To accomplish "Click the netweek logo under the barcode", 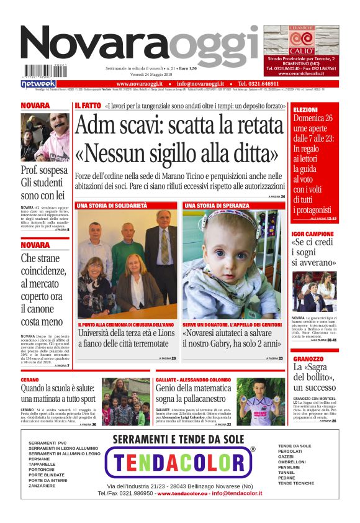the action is coord(38,83).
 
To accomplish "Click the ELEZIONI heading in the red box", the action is coord(305,110).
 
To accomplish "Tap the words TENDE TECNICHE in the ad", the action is coord(296,483).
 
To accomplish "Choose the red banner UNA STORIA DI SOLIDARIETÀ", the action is coord(112,205).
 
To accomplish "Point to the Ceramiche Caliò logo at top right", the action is coord(301,40).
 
